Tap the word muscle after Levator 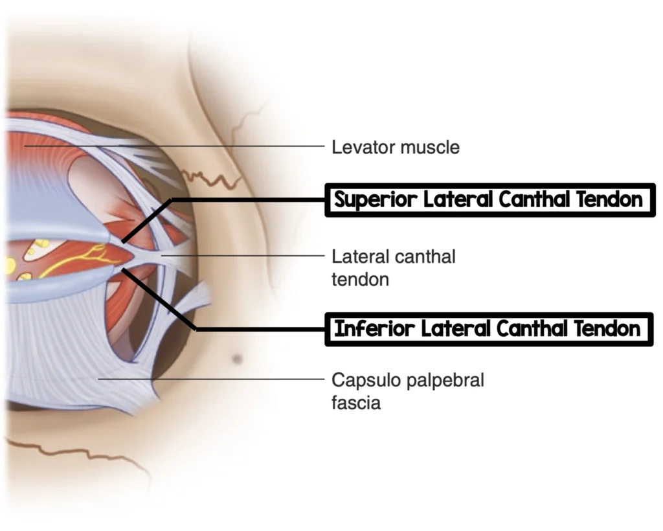point(429,147)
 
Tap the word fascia point(356,403)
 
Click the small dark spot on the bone point(238,357)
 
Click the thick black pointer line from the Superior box point(246,200)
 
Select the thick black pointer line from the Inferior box point(259,329)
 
